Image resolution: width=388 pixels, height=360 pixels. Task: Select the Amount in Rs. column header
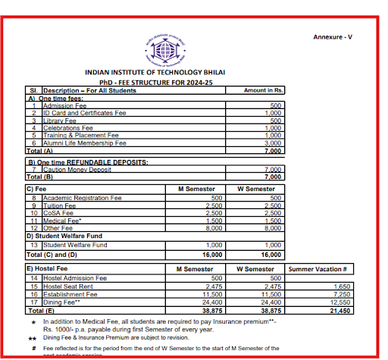[x=263, y=90]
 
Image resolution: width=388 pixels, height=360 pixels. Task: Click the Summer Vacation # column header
[x=318, y=268]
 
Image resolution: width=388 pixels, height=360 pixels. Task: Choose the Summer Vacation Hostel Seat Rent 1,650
[x=342, y=286]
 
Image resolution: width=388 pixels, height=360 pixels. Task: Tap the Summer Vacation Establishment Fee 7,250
[x=342, y=294]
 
